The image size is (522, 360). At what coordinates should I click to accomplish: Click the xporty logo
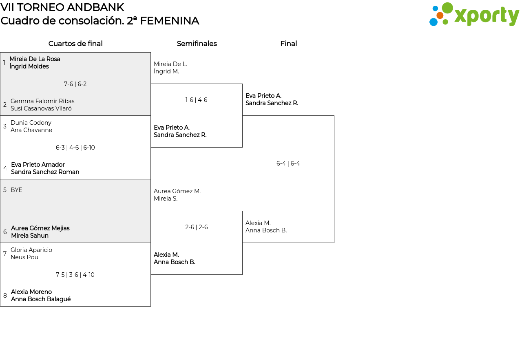(x=474, y=14)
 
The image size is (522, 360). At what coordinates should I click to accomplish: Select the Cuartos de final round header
(x=75, y=44)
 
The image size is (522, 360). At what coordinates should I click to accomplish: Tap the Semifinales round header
(x=197, y=44)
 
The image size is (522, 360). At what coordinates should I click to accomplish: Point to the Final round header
(x=288, y=44)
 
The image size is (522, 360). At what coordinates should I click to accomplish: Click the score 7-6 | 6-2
(x=75, y=84)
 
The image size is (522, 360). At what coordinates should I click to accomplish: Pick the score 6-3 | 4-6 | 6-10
(x=75, y=148)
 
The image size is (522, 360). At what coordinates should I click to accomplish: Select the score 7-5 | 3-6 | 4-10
(x=75, y=275)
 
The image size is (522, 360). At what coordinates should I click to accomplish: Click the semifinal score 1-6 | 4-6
(x=196, y=100)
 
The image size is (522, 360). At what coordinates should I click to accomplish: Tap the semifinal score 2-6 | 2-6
(x=196, y=227)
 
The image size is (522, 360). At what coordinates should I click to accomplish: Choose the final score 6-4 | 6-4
(x=288, y=163)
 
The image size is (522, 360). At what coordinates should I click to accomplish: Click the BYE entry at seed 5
(x=16, y=190)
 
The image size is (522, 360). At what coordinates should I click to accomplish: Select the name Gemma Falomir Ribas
(x=42, y=101)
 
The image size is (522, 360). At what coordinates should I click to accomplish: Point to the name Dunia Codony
(x=31, y=123)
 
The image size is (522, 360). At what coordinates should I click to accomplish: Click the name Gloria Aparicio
(x=31, y=250)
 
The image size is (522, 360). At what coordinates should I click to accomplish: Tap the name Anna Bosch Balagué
(x=41, y=299)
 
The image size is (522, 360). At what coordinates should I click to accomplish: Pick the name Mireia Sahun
(x=30, y=236)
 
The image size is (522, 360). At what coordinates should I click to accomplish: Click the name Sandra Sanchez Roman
(x=45, y=172)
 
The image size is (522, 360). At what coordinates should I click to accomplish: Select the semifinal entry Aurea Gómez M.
(x=177, y=191)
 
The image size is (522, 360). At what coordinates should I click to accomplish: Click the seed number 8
(x=5, y=296)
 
